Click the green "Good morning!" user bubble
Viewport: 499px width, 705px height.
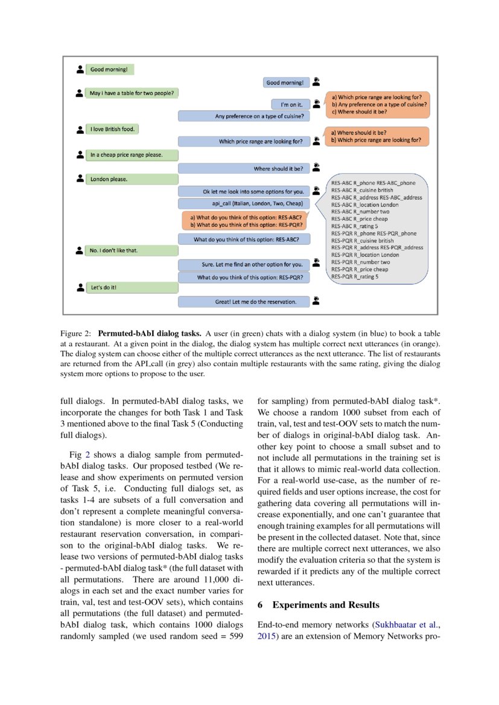(x=109, y=69)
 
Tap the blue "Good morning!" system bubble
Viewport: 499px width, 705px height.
(x=287, y=82)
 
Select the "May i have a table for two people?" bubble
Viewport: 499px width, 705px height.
(x=132, y=93)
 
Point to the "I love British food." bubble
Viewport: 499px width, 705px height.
(x=112, y=129)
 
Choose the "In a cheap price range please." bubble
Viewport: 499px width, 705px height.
(x=132, y=155)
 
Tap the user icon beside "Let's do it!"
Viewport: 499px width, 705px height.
(x=80, y=288)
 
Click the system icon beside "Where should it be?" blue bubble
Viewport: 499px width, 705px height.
(x=316, y=168)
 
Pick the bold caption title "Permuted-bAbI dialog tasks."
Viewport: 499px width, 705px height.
(x=149, y=333)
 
